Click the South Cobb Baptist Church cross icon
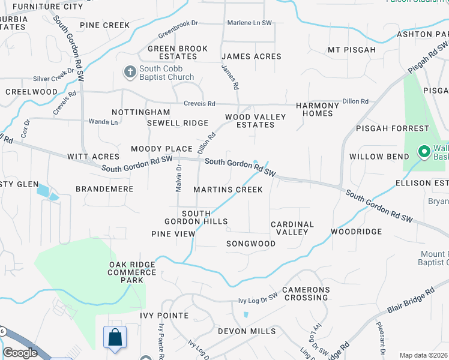130,72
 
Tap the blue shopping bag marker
115,337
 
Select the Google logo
20,353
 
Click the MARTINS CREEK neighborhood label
228,190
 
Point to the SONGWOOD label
251,244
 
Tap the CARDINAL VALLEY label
292,228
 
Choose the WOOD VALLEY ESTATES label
250,121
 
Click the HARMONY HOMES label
318,109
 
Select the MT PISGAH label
352,49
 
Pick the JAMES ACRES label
251,56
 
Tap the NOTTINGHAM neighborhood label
141,112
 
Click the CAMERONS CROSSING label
306,293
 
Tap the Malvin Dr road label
178,179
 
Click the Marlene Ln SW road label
249,23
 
